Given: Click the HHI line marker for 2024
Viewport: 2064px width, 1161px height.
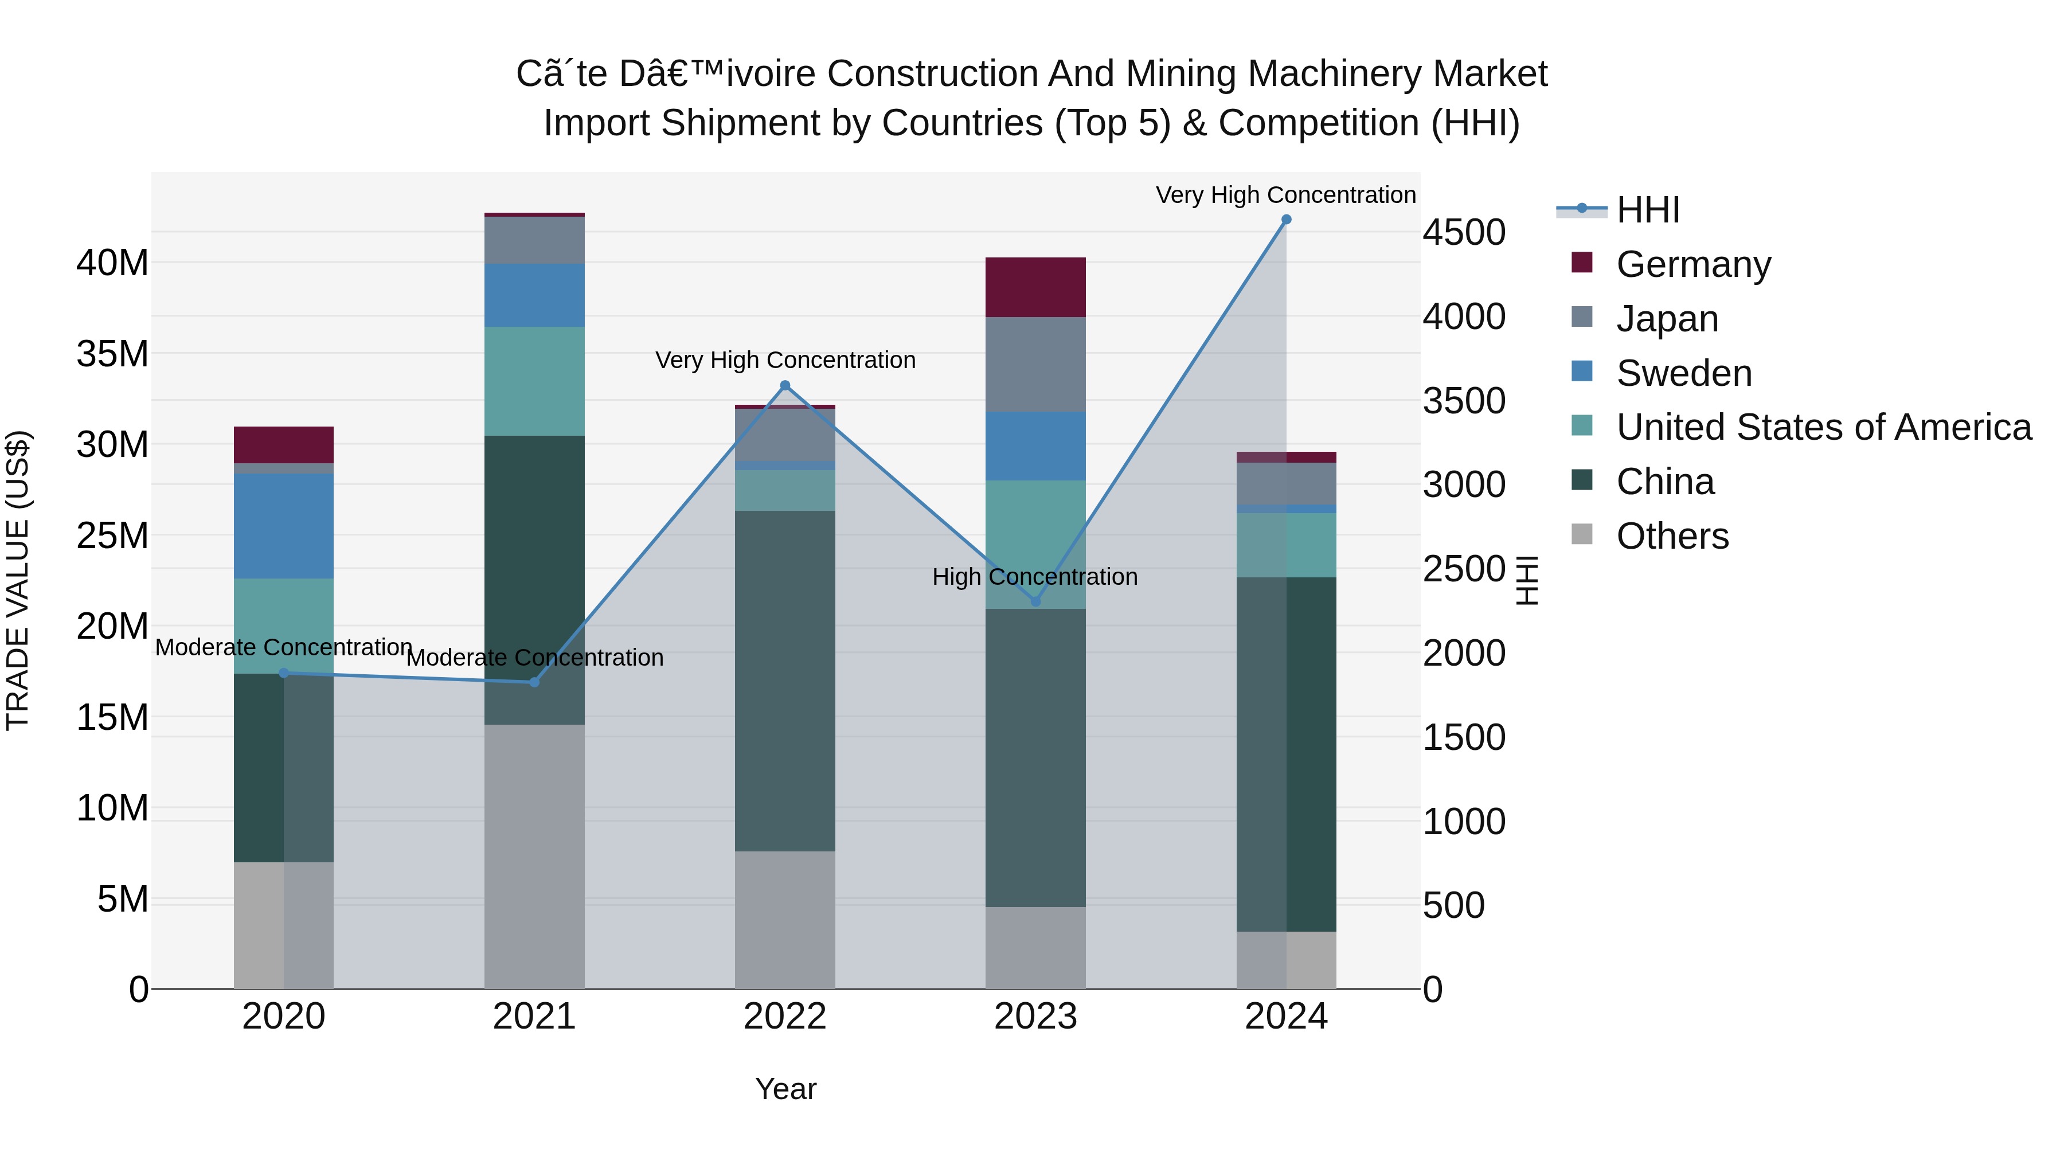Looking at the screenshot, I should [1286, 220].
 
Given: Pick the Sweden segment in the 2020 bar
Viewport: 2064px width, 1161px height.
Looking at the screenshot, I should [284, 526].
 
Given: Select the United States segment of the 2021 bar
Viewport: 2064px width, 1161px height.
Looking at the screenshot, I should [534, 381].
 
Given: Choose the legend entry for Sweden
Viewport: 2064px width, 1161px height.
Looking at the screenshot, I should [1683, 373].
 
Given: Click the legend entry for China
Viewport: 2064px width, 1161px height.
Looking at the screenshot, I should [1665, 482].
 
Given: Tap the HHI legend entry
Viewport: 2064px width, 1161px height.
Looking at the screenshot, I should [1647, 210].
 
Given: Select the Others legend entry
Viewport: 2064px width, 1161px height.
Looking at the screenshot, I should [1672, 536].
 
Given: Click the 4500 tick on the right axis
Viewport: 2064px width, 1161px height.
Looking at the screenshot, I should [1464, 233].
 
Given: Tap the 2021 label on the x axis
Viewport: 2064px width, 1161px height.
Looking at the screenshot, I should [534, 1017].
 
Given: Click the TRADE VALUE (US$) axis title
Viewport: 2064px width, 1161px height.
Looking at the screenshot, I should [18, 581].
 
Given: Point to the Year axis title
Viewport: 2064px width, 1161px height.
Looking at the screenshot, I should [785, 1089].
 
